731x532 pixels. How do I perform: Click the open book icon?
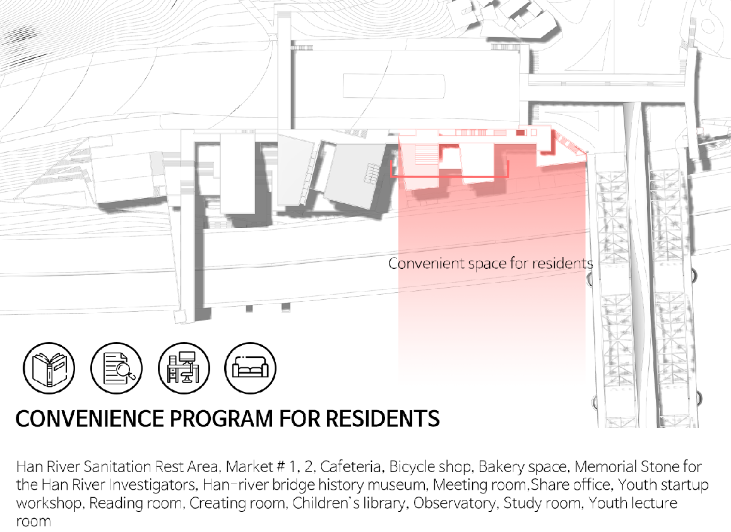point(49,368)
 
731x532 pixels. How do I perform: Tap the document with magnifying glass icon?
point(116,368)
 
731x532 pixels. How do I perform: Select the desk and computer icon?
point(184,368)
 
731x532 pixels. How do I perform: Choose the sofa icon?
point(251,368)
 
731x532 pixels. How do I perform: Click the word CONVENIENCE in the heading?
point(90,418)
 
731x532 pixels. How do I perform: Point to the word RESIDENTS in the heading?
point(383,418)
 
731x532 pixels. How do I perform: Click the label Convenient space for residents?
point(490,263)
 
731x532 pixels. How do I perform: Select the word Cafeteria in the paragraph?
point(350,467)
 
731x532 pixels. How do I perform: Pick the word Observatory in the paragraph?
point(456,504)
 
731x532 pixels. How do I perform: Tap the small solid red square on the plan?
point(521,133)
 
